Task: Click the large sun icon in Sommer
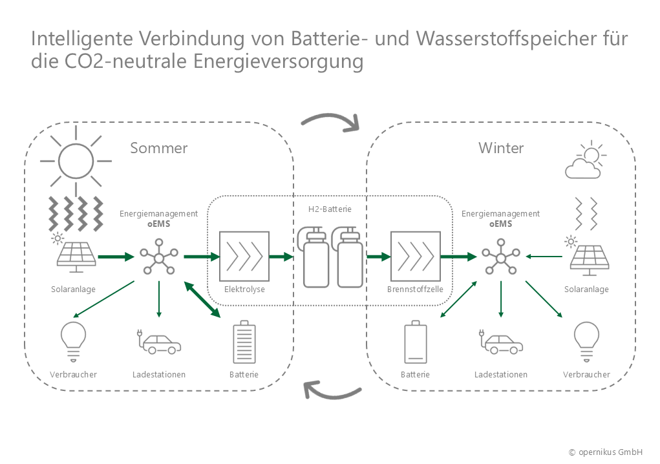point(76,161)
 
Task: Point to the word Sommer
point(159,148)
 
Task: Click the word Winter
point(501,148)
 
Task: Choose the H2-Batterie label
point(330,209)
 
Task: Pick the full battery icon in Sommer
point(244,344)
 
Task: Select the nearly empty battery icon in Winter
point(415,343)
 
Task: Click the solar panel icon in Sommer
point(76,257)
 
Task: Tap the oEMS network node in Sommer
point(158,257)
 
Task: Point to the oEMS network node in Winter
point(500,257)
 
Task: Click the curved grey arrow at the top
point(330,121)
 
